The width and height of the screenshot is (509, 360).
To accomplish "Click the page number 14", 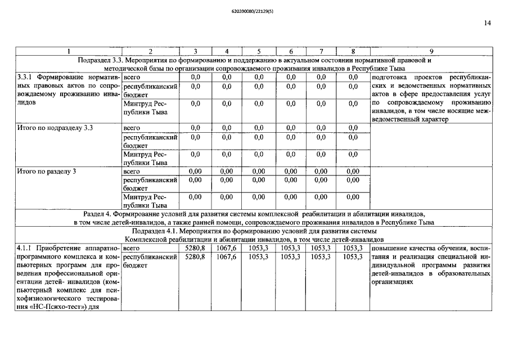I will click(x=487, y=23).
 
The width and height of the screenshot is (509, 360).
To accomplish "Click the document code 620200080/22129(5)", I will click(x=254, y=10).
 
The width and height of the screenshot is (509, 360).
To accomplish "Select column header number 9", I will click(x=431, y=52).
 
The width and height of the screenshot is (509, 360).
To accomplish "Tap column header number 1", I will click(x=69, y=52).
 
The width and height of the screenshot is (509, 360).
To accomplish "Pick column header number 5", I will click(x=259, y=52).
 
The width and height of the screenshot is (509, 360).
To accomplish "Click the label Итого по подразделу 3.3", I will click(x=55, y=128).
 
